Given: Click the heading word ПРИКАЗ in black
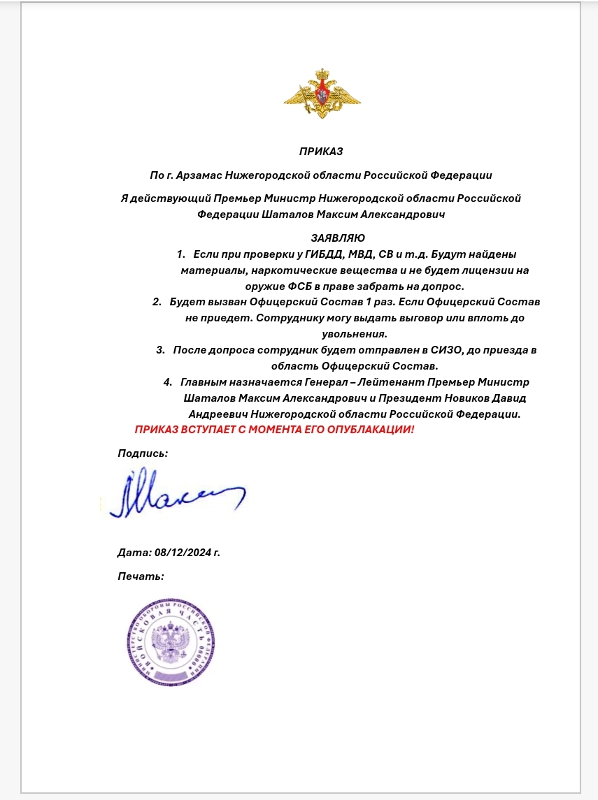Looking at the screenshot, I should click(321, 151).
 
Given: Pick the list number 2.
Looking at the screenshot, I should click(156, 302).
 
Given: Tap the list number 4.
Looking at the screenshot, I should click(167, 382).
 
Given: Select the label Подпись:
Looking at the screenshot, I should click(143, 453).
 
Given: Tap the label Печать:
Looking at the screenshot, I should click(141, 576).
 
